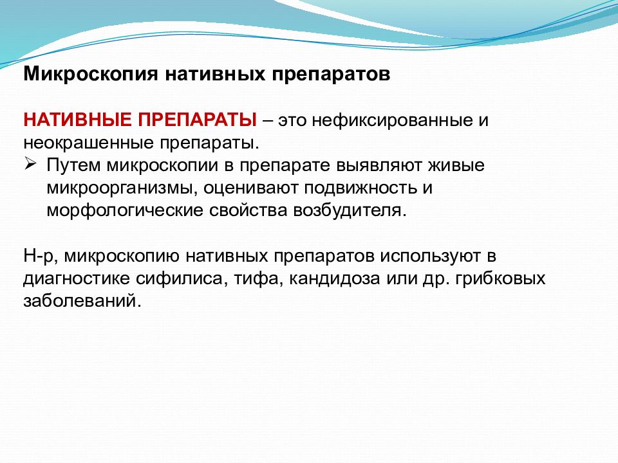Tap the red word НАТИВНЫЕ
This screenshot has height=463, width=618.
point(78,120)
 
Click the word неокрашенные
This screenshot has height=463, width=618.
point(89,143)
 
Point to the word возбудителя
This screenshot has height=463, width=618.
point(350,211)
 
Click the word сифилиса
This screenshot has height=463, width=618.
point(182,279)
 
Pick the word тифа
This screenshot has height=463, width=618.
point(259,279)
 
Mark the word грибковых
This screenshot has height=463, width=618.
point(500,279)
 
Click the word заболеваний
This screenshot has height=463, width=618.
point(82,302)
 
